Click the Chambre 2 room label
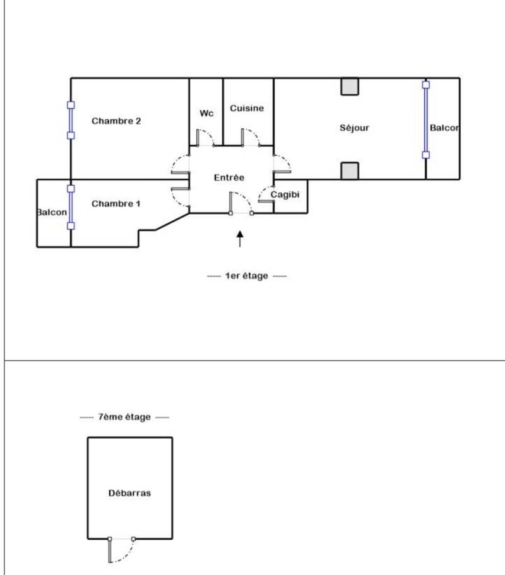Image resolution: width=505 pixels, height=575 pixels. pyautogui.click(x=116, y=121)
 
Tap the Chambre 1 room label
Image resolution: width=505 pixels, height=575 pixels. pyautogui.click(x=116, y=203)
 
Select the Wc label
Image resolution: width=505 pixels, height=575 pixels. pyautogui.click(x=206, y=114)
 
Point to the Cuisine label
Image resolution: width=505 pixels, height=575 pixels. pyautogui.click(x=247, y=108)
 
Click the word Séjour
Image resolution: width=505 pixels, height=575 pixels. pyautogui.click(x=354, y=127)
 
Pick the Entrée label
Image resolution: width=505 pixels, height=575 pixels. pyautogui.click(x=229, y=177)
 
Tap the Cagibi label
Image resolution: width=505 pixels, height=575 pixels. pyautogui.click(x=285, y=195)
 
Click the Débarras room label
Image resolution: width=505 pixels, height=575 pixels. pyautogui.click(x=129, y=493)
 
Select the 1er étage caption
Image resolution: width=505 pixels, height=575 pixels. pyautogui.click(x=247, y=276)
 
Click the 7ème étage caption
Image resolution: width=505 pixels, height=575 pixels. pyautogui.click(x=124, y=417)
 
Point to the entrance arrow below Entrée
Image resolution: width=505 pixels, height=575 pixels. pyautogui.click(x=240, y=239)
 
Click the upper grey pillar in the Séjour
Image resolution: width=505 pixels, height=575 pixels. pyautogui.click(x=350, y=86)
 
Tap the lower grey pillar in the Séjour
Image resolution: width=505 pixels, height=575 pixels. pyautogui.click(x=350, y=171)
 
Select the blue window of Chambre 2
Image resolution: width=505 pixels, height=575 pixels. pyautogui.click(x=71, y=121)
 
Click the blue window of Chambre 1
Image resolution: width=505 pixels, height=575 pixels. pyautogui.click(x=71, y=207)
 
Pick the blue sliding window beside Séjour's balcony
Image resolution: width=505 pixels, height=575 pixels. pyautogui.click(x=426, y=120)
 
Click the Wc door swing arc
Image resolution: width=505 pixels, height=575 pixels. pyautogui.click(x=210, y=134)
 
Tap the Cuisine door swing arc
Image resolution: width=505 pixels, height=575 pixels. pyautogui.click(x=255, y=134)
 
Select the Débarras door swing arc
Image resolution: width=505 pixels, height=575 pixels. pyautogui.click(x=128, y=554)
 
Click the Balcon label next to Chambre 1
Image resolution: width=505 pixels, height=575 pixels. pyautogui.click(x=52, y=212)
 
